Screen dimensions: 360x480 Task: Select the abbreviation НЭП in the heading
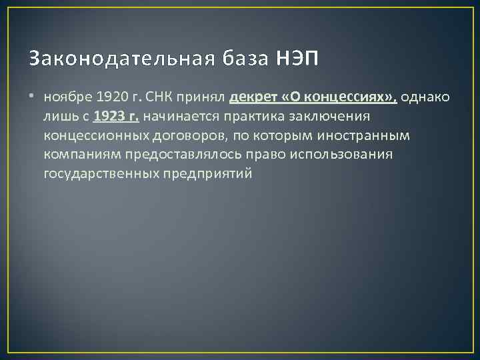tap(297, 59)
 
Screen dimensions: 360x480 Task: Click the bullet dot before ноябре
tap(33, 97)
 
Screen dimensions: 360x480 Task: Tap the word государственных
tap(101, 175)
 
